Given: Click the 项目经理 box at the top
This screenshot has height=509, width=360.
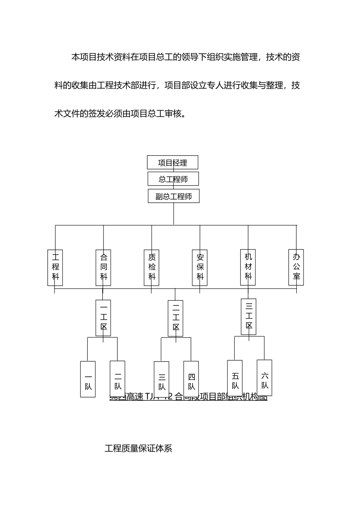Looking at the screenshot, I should pos(172,162).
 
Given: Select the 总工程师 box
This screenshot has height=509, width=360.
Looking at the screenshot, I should pos(173,179).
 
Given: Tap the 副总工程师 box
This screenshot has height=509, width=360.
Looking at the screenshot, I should pos(174,196).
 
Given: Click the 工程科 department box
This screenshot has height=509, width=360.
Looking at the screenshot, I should pos(55,267).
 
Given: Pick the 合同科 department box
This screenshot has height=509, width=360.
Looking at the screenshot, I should pos(103,267).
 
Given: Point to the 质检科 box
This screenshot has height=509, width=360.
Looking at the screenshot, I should pos(152,267).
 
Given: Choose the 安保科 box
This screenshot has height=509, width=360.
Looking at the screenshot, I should pos(200,267).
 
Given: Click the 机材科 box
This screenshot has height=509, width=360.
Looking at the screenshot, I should pos(248,267).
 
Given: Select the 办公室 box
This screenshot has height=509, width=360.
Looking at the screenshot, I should pos(296,267).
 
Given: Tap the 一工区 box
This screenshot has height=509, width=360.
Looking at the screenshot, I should pos(103,318).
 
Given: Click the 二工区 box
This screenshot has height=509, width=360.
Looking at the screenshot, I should pos(175,318).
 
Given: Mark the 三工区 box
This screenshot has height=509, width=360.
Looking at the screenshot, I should pos(249,317).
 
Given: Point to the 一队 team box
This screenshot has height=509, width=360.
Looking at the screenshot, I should pos(88,379).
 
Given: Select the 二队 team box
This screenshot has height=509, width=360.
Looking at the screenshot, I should pos(117,379).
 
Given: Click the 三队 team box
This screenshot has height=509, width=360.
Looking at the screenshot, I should pos(161,379).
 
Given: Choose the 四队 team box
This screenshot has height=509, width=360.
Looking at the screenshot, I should pos(191,379).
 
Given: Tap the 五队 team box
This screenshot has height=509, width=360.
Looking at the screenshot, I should pos(235,378).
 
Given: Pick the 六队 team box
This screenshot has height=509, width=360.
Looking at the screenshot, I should pos(265,378).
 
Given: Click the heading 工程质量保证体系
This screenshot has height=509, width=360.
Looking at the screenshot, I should pos(138,448).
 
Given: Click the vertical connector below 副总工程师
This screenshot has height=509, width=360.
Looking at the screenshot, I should pos(174,214).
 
